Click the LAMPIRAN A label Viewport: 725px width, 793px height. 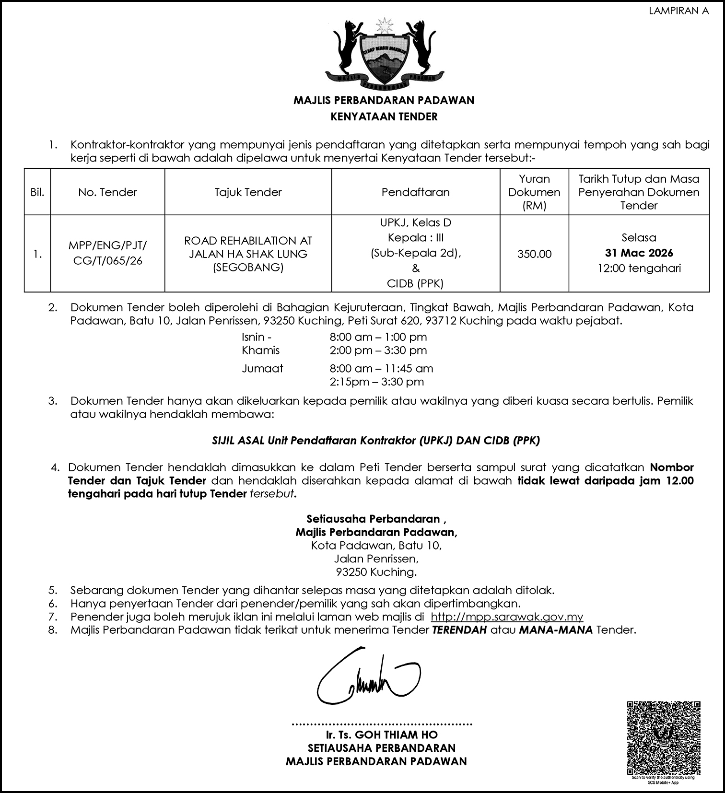[x=678, y=11]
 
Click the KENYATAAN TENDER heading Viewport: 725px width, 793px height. [x=384, y=117]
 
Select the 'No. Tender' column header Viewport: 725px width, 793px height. [x=108, y=192]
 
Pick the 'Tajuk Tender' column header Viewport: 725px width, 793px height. [x=248, y=192]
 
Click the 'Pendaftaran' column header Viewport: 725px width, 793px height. [x=415, y=192]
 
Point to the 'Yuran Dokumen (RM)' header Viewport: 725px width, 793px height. [x=534, y=192]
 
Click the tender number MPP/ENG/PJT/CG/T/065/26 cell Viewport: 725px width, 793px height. [x=108, y=254]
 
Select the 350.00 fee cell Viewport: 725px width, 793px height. [x=534, y=254]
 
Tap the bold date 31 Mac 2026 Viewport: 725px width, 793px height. [x=639, y=253]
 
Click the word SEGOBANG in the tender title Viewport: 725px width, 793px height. [x=248, y=268]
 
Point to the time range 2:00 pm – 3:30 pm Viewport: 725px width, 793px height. [x=378, y=350]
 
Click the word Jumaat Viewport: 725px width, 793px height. [x=262, y=369]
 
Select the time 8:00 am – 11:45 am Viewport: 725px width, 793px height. [x=381, y=369]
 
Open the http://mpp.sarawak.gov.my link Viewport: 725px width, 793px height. [x=507, y=617]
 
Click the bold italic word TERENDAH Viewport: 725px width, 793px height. [x=459, y=630]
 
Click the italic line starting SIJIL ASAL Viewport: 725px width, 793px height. [x=376, y=441]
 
